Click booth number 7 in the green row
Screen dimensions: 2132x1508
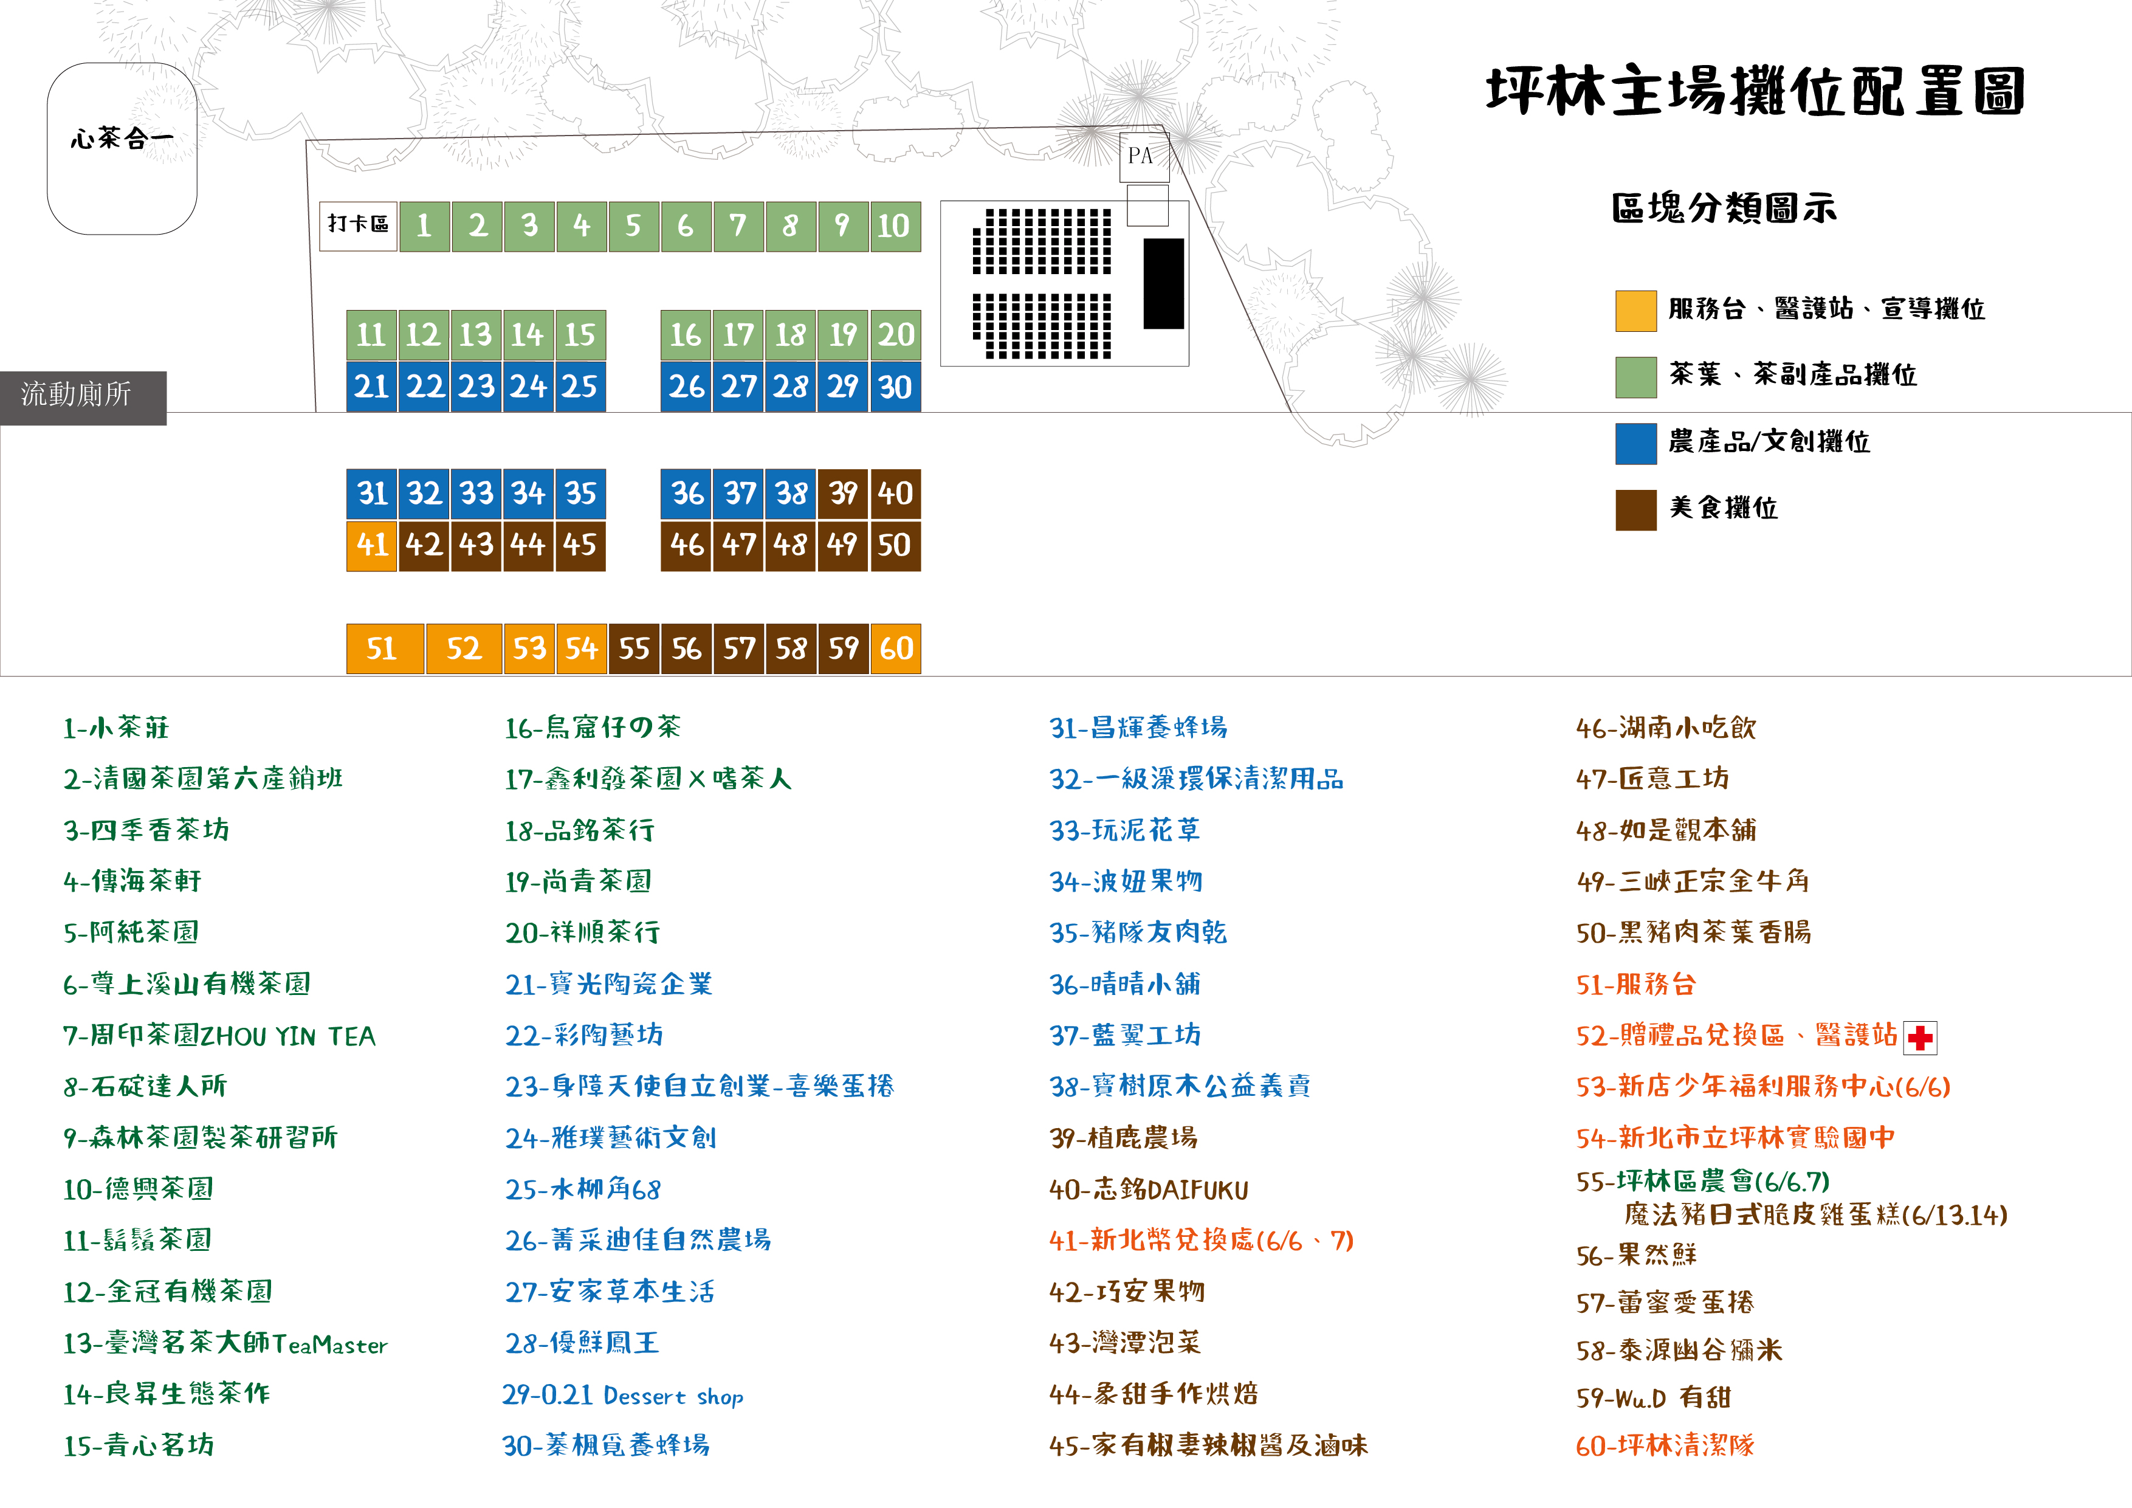[x=738, y=226]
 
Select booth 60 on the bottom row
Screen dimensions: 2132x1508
[x=896, y=648]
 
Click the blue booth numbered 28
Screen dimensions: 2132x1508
[x=790, y=387]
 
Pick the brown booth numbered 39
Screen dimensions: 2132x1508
[x=843, y=493]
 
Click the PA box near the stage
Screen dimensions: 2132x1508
[x=1143, y=156]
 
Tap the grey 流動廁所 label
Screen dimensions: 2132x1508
[x=83, y=398]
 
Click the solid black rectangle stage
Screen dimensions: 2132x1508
[x=1163, y=284]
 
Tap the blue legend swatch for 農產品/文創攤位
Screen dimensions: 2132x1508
[x=1636, y=444]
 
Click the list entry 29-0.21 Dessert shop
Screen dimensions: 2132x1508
[x=623, y=1395]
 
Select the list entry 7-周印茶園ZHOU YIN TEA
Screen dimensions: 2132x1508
[x=219, y=1035]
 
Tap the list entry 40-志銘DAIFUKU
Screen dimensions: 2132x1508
[x=1149, y=1190]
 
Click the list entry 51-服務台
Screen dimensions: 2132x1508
[x=1636, y=984]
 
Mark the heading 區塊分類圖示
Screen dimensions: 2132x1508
[x=1724, y=208]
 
